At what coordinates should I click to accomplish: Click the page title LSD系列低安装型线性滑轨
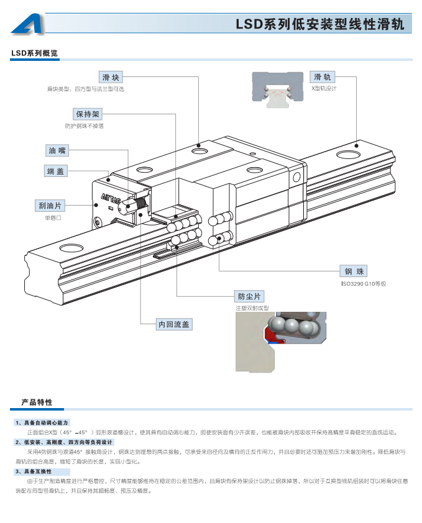pyautogui.click(x=319, y=25)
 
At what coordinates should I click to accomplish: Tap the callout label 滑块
pyautogui.click(x=111, y=77)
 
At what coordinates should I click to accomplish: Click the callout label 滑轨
pyautogui.click(x=323, y=77)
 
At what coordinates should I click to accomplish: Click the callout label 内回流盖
pyautogui.click(x=174, y=324)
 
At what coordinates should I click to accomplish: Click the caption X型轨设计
pyautogui.click(x=323, y=89)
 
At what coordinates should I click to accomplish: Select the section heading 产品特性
pyautogui.click(x=37, y=402)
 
